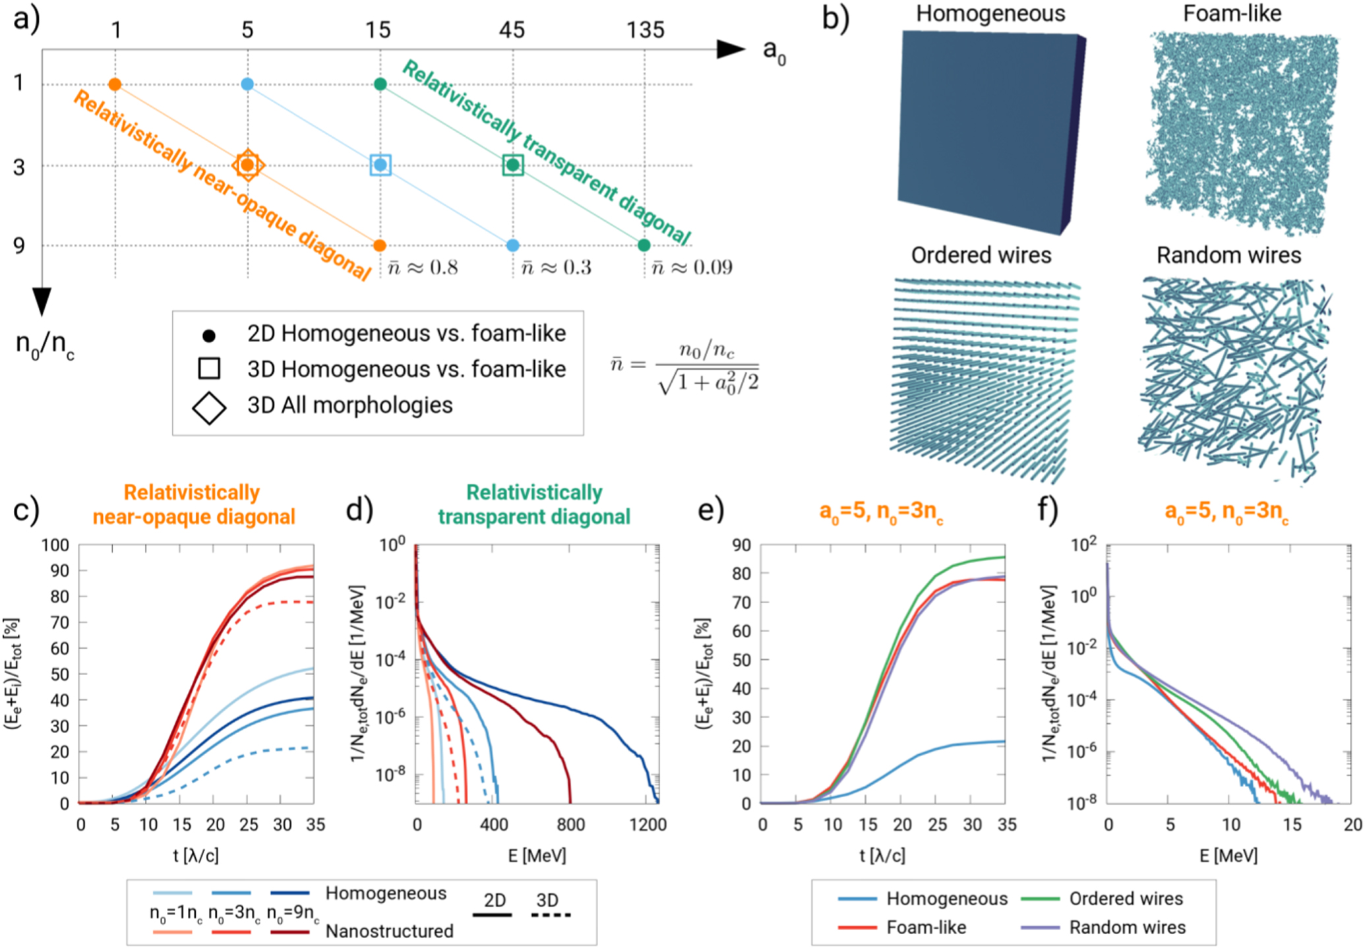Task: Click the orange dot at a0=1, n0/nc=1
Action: pos(115,84)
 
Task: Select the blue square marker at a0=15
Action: pos(380,165)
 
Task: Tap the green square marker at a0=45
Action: pos(513,165)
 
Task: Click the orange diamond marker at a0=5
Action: pos(248,165)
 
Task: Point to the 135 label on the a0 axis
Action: pos(645,30)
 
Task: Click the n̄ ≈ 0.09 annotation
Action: pos(692,267)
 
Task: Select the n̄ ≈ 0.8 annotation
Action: pos(423,267)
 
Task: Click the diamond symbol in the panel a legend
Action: pos(209,407)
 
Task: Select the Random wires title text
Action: pos(1228,255)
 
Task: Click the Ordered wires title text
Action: pos(981,255)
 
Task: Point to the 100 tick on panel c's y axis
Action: pos(55,545)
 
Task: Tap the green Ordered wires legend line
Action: pos(1040,899)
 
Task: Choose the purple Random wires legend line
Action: pos(1040,928)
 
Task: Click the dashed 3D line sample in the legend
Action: pos(550,915)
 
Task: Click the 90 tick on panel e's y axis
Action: pos(742,545)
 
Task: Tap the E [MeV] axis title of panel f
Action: pos(1228,856)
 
